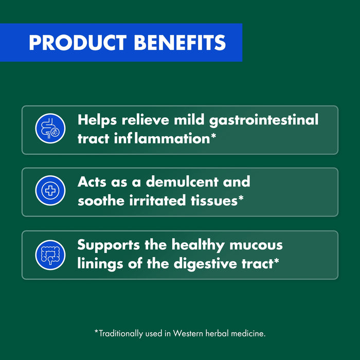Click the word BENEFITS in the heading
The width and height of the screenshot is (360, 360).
click(x=179, y=43)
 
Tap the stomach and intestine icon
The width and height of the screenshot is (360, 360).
click(x=50, y=129)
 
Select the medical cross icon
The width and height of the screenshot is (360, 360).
click(x=50, y=191)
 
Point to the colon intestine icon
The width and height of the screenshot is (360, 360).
click(x=50, y=255)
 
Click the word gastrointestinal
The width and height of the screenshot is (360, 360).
click(x=264, y=121)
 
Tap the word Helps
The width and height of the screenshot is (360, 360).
click(x=98, y=120)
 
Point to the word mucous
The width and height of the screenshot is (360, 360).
click(x=257, y=245)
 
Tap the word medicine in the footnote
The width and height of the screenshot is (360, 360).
click(x=248, y=333)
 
